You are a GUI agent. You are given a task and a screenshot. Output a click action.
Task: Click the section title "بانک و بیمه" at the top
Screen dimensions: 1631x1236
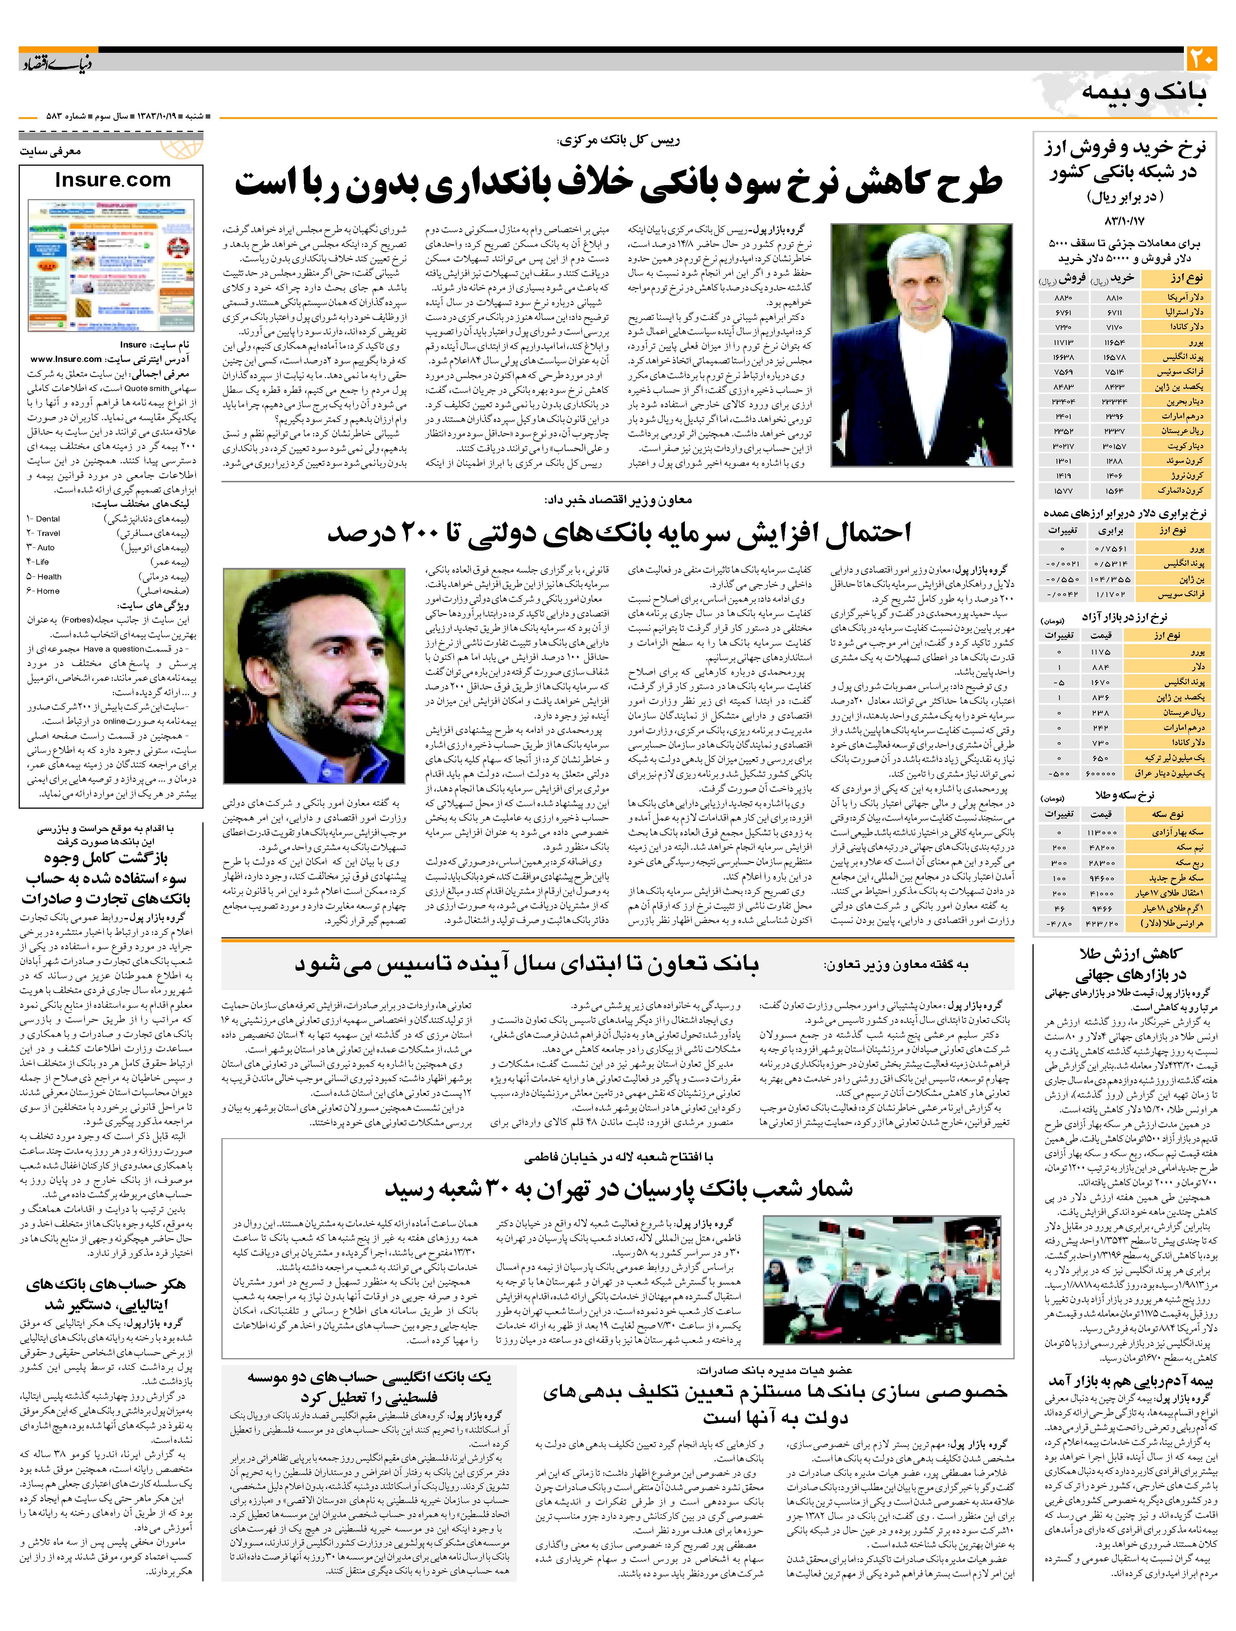(1143, 93)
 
